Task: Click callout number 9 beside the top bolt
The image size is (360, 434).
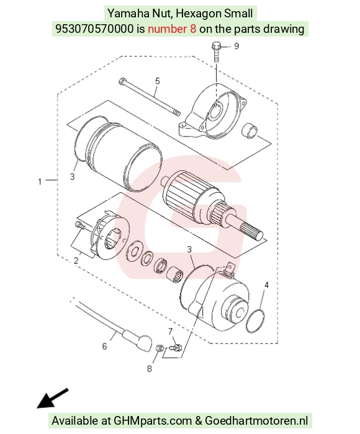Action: click(x=236, y=46)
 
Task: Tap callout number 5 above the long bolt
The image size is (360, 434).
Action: click(x=158, y=81)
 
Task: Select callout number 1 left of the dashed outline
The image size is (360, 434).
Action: click(x=40, y=182)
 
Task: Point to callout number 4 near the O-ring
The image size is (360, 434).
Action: click(x=266, y=285)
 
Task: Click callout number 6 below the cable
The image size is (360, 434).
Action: click(x=104, y=346)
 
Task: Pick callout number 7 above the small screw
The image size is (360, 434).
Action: click(x=171, y=331)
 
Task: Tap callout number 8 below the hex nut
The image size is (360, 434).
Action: click(x=150, y=369)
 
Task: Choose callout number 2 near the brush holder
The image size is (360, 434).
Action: click(x=76, y=260)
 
